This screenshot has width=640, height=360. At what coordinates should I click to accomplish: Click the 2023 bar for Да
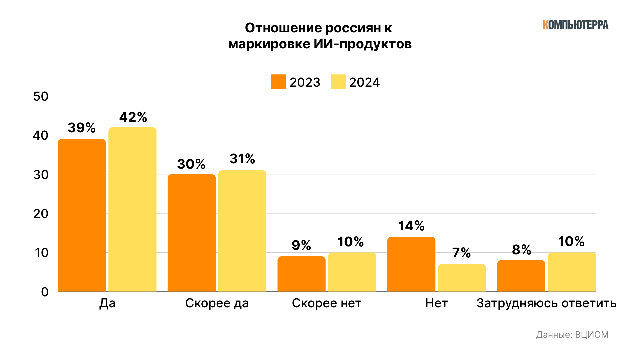point(82,215)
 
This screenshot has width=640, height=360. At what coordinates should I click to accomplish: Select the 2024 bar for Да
point(132,209)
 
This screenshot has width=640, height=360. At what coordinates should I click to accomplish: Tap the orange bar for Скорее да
point(191,233)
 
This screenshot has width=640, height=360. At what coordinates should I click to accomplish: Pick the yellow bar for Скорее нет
point(352,272)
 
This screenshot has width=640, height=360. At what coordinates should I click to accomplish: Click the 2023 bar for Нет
point(411,264)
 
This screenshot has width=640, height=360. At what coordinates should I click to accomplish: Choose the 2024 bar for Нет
point(462,278)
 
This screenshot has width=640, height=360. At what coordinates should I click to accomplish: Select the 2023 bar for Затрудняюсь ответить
point(521,276)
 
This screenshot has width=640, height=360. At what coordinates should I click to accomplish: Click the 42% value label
point(133,117)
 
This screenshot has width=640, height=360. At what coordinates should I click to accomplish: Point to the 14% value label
point(411,226)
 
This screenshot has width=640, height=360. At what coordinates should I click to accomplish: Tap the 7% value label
point(461,253)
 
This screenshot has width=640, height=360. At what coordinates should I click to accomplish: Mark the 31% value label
point(242,159)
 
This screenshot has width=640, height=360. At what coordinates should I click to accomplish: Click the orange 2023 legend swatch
point(278,82)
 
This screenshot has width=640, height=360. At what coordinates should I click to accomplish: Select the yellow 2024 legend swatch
point(338,82)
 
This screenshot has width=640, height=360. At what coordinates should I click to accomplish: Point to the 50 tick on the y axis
point(41,96)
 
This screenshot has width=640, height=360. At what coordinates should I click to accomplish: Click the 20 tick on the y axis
point(41,214)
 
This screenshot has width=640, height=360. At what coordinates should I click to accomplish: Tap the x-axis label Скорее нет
point(326,303)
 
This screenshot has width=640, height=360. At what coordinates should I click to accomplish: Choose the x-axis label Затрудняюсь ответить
point(546,303)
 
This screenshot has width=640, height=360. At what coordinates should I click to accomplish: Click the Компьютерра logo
point(575,25)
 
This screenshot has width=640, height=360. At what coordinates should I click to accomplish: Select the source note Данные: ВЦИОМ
point(572,335)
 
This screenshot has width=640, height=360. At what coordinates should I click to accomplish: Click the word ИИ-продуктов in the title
point(363,44)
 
